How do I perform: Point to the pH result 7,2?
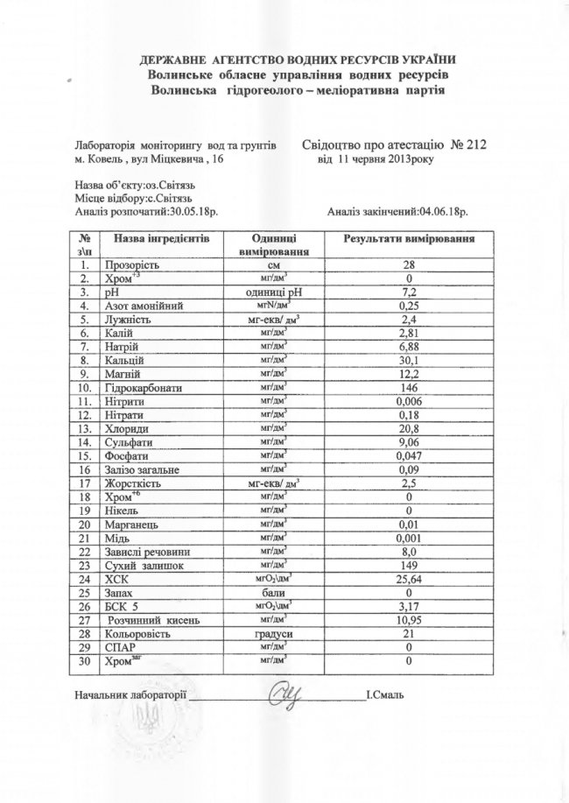tap(409, 292)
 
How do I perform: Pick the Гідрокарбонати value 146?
tap(409, 389)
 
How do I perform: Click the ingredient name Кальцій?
tap(123, 361)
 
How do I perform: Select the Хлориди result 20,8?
tap(409, 430)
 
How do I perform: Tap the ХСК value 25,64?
tap(409, 580)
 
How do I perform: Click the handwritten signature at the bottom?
tap(287, 694)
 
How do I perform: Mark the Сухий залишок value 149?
tap(409, 566)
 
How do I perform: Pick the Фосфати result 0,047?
tap(409, 457)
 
